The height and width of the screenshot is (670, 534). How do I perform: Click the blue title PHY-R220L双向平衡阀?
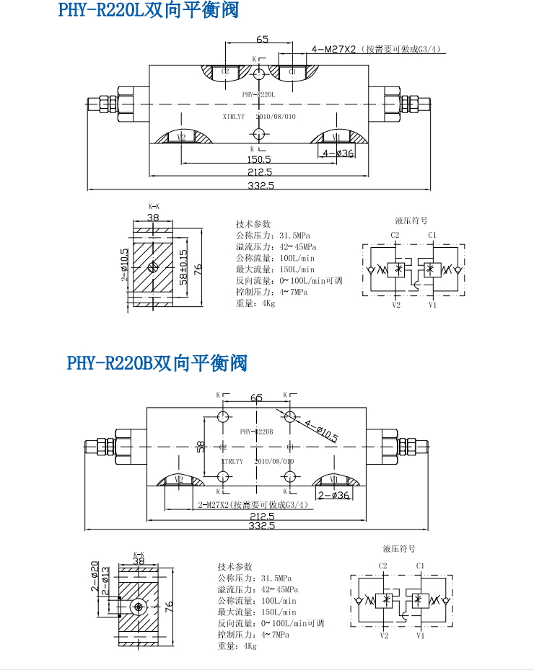147,11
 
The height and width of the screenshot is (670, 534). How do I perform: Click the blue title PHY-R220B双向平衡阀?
157,362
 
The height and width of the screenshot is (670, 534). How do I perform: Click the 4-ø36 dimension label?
338,153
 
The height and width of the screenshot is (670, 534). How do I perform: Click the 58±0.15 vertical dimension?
183,267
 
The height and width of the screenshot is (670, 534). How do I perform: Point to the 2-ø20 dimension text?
95,576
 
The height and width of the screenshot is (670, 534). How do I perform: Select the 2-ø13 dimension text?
105,584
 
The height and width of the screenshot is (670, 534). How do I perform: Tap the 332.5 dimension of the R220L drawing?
261,185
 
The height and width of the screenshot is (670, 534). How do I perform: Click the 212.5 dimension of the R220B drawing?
261,516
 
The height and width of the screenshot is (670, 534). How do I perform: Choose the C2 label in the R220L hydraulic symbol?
395,235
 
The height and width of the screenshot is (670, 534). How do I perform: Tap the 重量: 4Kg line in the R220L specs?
255,303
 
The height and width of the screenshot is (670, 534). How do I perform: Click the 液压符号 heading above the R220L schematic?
411,220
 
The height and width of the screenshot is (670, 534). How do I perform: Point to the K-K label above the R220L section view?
153,207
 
